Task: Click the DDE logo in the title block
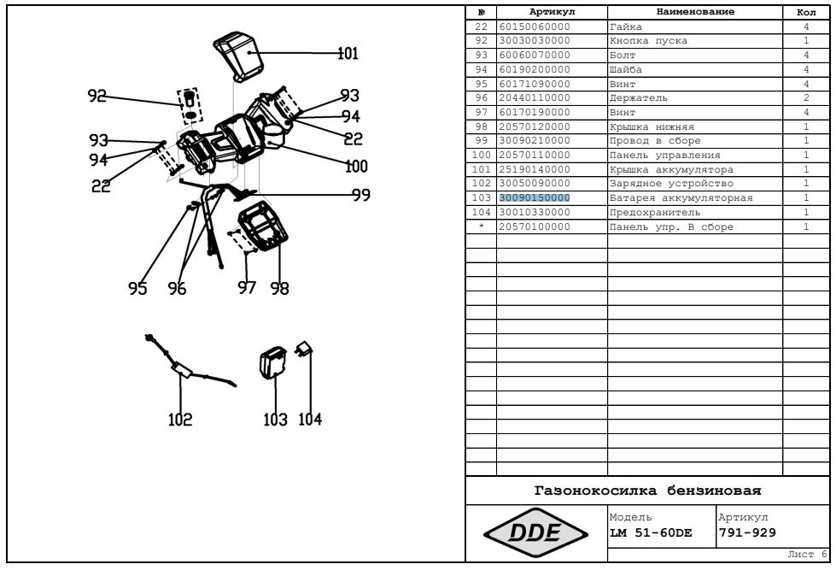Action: tap(535, 533)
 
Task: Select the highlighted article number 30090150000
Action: tap(535, 198)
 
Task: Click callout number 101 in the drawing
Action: tap(348, 54)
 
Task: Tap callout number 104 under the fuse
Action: tap(310, 420)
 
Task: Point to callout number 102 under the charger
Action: tap(180, 420)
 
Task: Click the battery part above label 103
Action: tap(274, 364)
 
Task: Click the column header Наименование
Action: tap(695, 12)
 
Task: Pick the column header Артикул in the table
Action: tap(552, 12)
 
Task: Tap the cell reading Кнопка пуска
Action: tap(648, 41)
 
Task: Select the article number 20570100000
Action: tap(535, 227)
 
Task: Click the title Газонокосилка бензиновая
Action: tap(647, 491)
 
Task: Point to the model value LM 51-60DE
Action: tap(651, 533)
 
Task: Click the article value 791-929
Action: tap(747, 533)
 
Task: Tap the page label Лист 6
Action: tap(807, 555)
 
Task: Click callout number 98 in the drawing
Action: tap(279, 289)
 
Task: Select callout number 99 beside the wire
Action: tap(360, 196)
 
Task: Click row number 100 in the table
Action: tap(481, 156)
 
